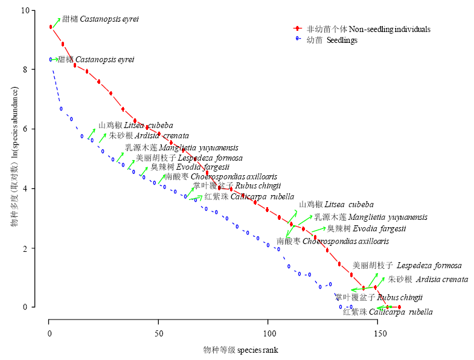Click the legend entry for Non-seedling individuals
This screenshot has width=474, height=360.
368,29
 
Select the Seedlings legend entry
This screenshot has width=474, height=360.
331,40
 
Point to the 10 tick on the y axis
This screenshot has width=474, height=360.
25,10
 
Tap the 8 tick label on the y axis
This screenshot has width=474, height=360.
25,69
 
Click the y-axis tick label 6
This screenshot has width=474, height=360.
25,129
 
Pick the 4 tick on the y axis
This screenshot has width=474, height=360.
25,188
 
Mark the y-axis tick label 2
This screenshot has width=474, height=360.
25,248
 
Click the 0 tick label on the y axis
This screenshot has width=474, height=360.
25,307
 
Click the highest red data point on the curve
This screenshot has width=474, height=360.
51,27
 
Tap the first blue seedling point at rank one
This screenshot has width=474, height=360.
51,59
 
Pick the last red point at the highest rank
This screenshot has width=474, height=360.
399,307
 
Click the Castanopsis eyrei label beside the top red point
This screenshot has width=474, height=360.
101,19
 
